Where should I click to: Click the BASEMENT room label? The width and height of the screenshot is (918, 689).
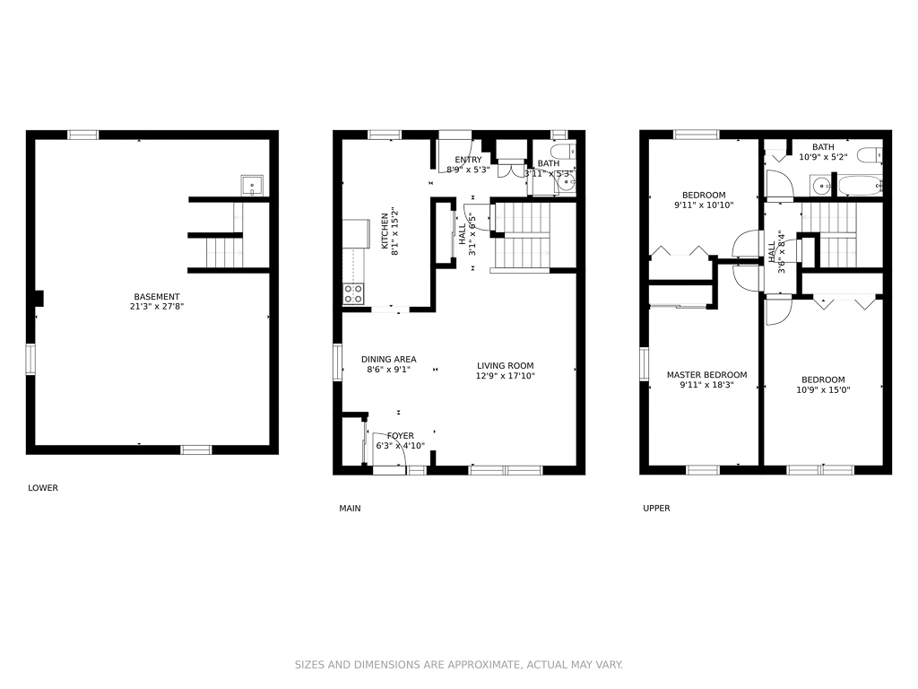157,297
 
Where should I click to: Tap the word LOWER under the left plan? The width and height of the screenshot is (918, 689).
43,488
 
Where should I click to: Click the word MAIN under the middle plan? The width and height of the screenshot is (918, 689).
350,509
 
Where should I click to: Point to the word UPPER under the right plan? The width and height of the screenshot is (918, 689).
656,509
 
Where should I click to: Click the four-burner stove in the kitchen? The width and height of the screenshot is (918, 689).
353,293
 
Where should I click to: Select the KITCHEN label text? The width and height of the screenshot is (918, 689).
385,231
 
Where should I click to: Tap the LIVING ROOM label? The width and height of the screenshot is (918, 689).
505,365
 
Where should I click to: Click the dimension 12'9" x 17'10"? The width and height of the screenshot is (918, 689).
505,377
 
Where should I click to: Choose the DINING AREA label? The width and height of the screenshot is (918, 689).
388,360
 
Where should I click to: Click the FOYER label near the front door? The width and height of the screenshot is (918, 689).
401,435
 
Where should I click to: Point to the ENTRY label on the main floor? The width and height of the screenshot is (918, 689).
468,160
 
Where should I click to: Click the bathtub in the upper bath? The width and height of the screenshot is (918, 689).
860,187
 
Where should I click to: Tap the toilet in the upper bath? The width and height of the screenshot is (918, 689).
870,156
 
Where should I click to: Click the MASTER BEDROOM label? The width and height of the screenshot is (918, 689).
706,375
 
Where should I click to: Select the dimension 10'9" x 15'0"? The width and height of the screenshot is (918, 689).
823,390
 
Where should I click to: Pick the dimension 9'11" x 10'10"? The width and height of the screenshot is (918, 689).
704,205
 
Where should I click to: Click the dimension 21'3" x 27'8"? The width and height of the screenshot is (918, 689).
157,308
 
